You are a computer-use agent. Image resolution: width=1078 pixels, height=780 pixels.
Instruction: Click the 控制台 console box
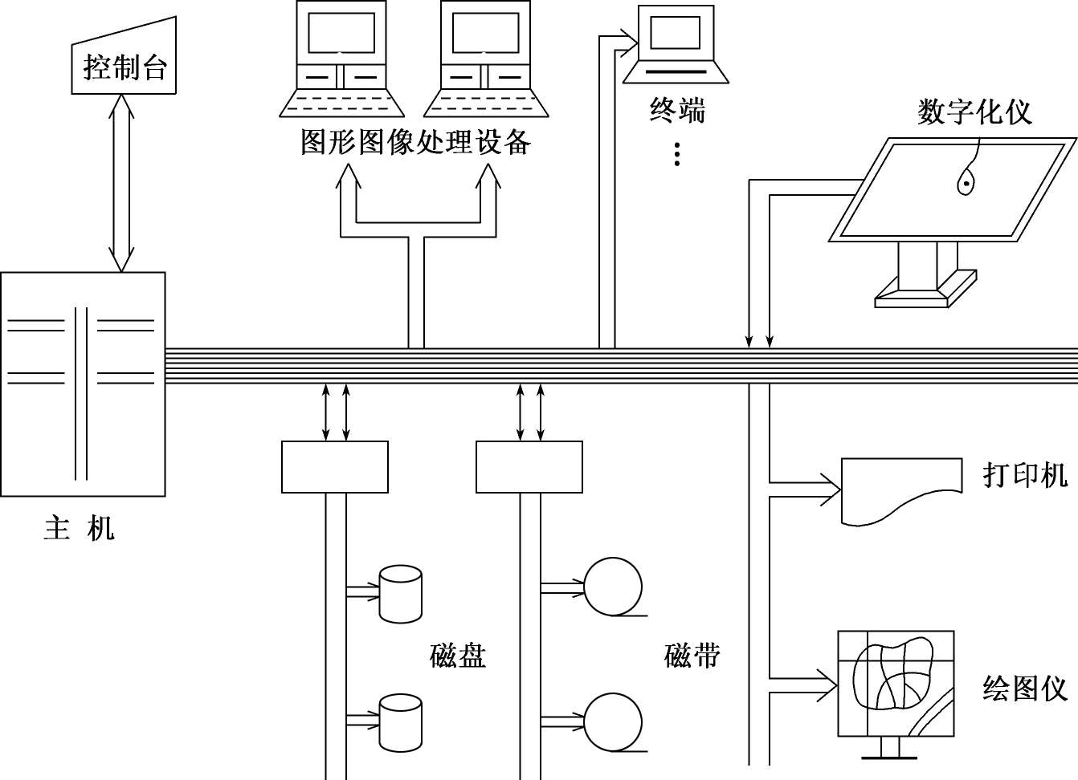point(124,64)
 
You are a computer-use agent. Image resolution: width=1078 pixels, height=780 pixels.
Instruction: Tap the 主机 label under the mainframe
point(79,529)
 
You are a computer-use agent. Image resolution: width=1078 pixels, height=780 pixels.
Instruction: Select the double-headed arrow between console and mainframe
point(121,183)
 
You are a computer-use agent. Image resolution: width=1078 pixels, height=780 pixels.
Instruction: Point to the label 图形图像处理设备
point(415,142)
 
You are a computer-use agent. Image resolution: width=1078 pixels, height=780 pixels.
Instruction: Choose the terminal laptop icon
point(676,45)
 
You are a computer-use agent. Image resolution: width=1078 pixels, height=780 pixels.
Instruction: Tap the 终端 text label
point(676,110)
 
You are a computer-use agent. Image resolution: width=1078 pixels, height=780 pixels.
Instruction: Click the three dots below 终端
point(677,154)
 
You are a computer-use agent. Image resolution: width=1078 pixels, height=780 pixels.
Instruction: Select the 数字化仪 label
point(974,112)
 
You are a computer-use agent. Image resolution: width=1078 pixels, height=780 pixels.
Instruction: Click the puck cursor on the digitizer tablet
point(966,184)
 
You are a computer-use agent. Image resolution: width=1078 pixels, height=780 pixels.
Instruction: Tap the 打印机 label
point(1025,475)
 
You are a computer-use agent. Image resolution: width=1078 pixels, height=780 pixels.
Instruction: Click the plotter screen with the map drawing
point(896,683)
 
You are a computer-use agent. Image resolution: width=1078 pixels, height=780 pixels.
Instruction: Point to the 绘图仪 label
point(1024,689)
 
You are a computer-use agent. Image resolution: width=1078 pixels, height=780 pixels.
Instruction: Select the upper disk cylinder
point(400,594)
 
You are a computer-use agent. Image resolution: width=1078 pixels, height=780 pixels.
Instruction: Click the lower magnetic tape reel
point(613,722)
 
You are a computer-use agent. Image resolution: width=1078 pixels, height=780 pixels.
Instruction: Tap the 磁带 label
point(692,656)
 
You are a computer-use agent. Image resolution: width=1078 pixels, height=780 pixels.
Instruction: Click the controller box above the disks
point(335,467)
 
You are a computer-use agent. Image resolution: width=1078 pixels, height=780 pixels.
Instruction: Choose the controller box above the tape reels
point(529,467)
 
